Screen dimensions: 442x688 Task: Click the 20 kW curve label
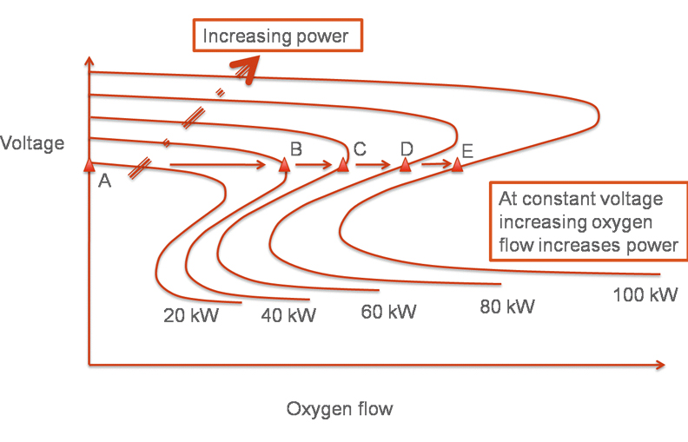191,315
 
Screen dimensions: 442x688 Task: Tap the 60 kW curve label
388,311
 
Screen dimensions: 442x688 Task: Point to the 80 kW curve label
506,307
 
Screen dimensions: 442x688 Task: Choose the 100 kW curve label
645,294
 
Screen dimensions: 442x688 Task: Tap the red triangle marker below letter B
284,165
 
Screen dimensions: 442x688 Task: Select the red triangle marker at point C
343,164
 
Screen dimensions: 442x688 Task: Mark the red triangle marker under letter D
405,165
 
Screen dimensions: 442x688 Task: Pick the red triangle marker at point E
457,165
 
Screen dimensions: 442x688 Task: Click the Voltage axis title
32,143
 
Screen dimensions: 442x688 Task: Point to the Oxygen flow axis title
340,408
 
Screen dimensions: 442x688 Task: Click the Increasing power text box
275,36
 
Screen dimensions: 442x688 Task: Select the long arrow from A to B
217,163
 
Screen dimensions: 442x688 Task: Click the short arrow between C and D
373,162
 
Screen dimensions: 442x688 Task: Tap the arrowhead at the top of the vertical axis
89,63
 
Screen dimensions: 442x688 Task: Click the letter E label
466,152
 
